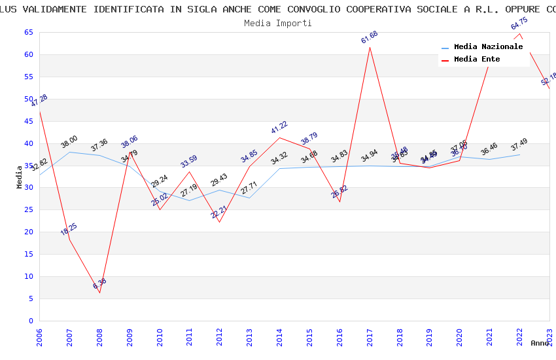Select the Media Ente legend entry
(476, 60)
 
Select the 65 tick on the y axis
(28, 32)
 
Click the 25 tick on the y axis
(28, 210)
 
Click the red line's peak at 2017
(370, 47)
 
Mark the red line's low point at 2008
(99, 293)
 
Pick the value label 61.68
(369, 37)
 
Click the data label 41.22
(279, 128)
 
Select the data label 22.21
(219, 211)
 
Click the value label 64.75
(519, 24)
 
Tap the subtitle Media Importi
(278, 23)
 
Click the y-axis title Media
(20, 177)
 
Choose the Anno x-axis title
(540, 343)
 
